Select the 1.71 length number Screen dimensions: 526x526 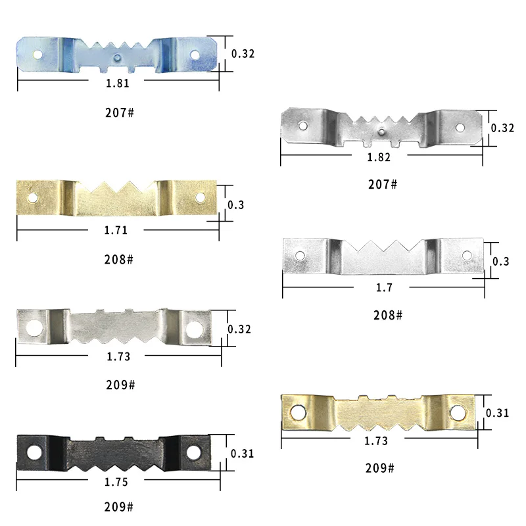click(116, 230)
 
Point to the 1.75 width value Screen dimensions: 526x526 click(116, 482)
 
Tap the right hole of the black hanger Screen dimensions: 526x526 click(193, 452)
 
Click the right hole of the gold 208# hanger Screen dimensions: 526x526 click(201, 197)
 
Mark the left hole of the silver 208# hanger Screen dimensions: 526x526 click(299, 255)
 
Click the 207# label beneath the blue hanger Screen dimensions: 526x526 click(120, 113)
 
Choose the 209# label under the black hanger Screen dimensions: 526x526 click(120, 508)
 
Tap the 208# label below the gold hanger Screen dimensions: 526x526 click(120, 259)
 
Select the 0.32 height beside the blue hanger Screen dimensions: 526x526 click(243, 54)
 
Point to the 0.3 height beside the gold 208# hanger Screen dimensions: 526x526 click(235, 205)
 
